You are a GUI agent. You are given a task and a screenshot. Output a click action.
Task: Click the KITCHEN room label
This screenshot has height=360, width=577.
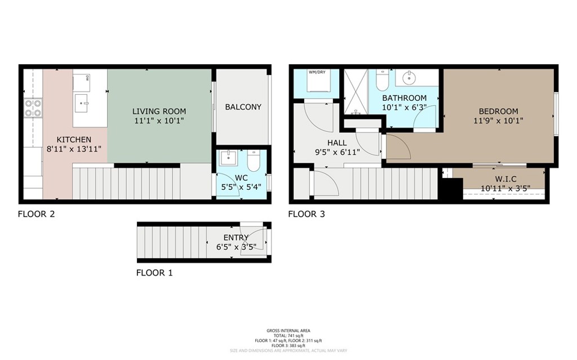coord(74,140)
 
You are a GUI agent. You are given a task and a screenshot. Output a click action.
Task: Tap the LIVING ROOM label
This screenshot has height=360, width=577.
coord(159,111)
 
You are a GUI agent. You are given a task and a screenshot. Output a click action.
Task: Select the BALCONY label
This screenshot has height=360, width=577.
coord(243,106)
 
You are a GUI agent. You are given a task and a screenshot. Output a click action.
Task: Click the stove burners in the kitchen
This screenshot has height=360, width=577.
coord(33,108)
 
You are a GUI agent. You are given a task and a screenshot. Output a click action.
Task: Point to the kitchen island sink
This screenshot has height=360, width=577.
coord(84,103)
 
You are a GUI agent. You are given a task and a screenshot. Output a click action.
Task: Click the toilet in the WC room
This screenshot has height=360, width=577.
coord(254,162)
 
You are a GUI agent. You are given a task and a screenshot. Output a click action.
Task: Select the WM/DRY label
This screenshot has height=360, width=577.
coord(317,72)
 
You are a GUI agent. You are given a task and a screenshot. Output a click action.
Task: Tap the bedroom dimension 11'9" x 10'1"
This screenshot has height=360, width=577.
coord(498,120)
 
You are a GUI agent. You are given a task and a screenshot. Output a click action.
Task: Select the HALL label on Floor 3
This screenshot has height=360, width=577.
coord(336,143)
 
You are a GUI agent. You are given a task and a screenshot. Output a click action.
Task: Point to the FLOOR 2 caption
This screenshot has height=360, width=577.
coord(36,214)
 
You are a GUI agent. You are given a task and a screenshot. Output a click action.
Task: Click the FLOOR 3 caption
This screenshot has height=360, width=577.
coord(307,214)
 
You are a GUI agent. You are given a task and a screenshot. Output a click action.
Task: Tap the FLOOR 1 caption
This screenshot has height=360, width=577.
coord(154,273)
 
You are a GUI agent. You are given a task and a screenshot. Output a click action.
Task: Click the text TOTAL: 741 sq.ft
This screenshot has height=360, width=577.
coord(288,335)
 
